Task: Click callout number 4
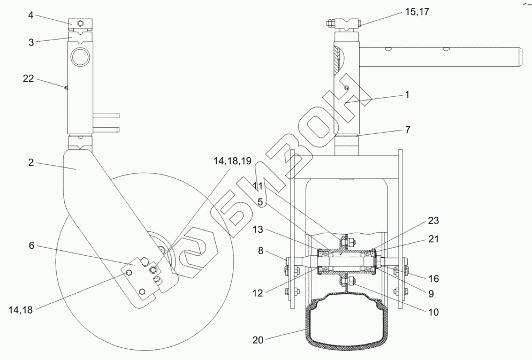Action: tap(31, 16)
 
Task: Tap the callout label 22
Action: tap(28, 79)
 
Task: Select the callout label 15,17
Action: tap(417, 12)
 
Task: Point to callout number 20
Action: tap(258, 340)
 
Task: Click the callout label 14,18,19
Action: tap(232, 161)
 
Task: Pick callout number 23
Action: tap(434, 221)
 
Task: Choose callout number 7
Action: tap(407, 130)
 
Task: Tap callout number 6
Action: tap(32, 245)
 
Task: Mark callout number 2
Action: tap(31, 163)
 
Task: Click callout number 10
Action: tap(434, 312)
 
